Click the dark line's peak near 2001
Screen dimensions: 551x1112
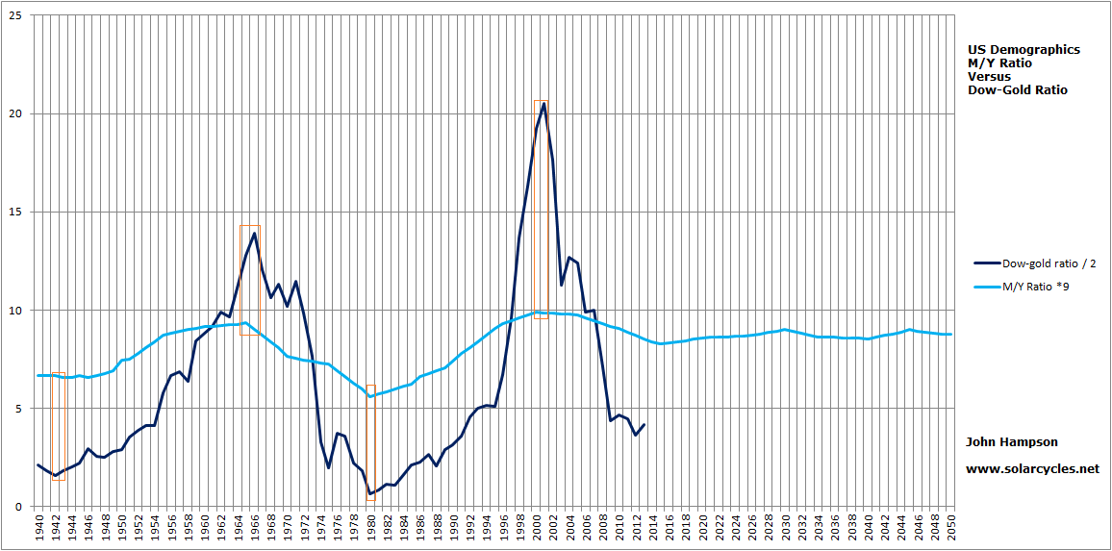pyautogui.click(x=544, y=103)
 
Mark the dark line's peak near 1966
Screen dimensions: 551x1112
pyautogui.click(x=254, y=233)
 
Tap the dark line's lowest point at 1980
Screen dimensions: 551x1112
pyautogui.click(x=370, y=494)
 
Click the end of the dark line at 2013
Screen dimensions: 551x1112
pyautogui.click(x=644, y=424)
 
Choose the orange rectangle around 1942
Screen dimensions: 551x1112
pyautogui.click(x=58, y=426)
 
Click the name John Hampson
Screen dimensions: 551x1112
pyautogui.click(x=1012, y=442)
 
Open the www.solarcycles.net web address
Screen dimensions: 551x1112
pyautogui.click(x=1032, y=469)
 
